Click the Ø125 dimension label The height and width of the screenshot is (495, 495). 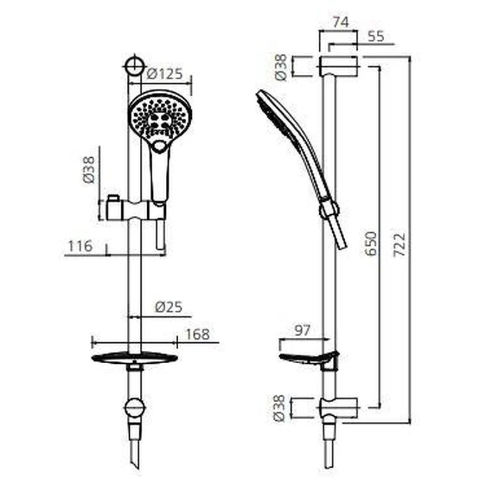click(x=165, y=74)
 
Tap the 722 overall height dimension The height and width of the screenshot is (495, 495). click(x=399, y=244)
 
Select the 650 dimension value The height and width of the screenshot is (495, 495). click(x=371, y=243)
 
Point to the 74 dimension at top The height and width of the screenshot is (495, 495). click(x=341, y=22)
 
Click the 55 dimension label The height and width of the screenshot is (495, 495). click(x=376, y=37)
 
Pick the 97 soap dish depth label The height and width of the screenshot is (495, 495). click(x=303, y=330)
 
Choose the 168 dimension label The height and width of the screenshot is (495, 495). click(x=197, y=335)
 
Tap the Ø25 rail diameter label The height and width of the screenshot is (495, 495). click(x=168, y=307)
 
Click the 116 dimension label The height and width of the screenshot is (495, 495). click(x=80, y=246)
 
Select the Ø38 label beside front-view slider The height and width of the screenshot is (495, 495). click(x=88, y=170)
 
